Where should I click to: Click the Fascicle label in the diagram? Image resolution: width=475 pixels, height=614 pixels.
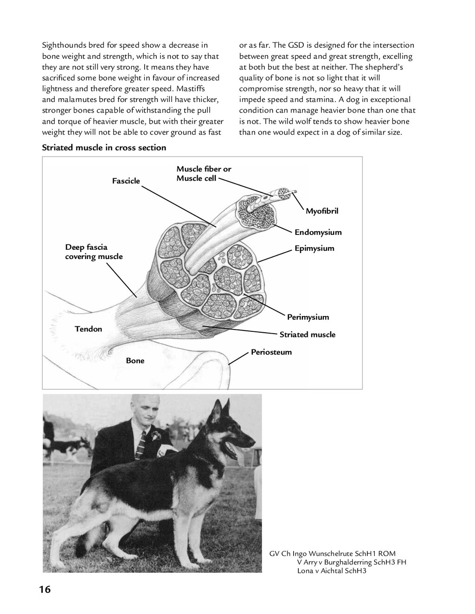coord(126,181)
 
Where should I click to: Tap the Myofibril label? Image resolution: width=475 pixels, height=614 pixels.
coord(322,211)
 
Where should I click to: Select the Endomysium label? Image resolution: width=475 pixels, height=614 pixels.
coord(318,232)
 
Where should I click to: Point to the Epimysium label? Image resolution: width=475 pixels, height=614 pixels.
coord(314,248)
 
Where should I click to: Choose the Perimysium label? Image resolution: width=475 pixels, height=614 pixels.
coord(308,317)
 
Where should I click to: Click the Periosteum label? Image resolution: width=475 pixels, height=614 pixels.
coord(271,352)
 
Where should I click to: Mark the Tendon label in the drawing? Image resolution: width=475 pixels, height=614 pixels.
coord(88,329)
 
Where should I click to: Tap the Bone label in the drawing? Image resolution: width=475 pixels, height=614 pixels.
coord(135,361)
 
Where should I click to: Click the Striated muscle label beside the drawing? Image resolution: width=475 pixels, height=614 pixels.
coord(307,335)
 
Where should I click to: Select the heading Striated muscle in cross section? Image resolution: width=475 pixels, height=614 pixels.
coord(104,148)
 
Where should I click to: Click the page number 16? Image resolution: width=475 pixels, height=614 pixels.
coord(45,589)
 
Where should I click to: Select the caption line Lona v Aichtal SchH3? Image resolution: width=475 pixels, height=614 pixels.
coord(332,571)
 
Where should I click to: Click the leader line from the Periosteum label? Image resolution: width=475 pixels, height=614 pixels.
coord(239,358)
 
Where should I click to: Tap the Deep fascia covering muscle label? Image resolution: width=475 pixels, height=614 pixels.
coord(94,252)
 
